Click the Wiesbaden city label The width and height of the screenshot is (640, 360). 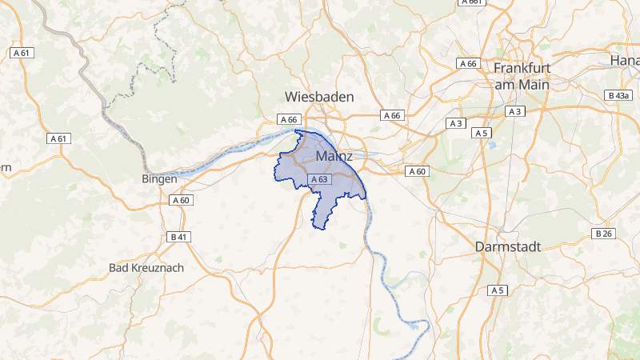(x=319, y=96)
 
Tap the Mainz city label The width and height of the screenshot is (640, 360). (x=334, y=156)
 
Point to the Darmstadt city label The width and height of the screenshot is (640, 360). (x=508, y=246)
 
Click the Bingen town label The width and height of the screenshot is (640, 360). (x=158, y=178)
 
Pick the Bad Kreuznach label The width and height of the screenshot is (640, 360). (x=146, y=267)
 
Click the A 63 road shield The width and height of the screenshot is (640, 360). (x=319, y=180)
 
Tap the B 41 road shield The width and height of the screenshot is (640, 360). (x=178, y=237)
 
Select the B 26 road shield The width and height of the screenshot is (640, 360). (x=604, y=234)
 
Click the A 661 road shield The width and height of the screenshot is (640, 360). (x=472, y=2)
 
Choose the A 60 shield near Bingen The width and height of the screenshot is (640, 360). (x=182, y=201)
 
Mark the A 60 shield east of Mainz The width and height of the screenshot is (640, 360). (x=418, y=171)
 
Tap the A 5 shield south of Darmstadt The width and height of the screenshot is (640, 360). (x=498, y=289)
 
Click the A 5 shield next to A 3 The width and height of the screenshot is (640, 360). (x=481, y=132)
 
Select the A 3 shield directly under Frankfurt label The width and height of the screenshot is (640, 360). (x=515, y=111)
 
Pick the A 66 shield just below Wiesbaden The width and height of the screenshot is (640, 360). (x=288, y=119)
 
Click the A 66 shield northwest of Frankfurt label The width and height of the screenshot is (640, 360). (x=467, y=63)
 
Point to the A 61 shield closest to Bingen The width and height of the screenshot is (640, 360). (x=58, y=138)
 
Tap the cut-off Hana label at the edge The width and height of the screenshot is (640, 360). (x=624, y=60)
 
